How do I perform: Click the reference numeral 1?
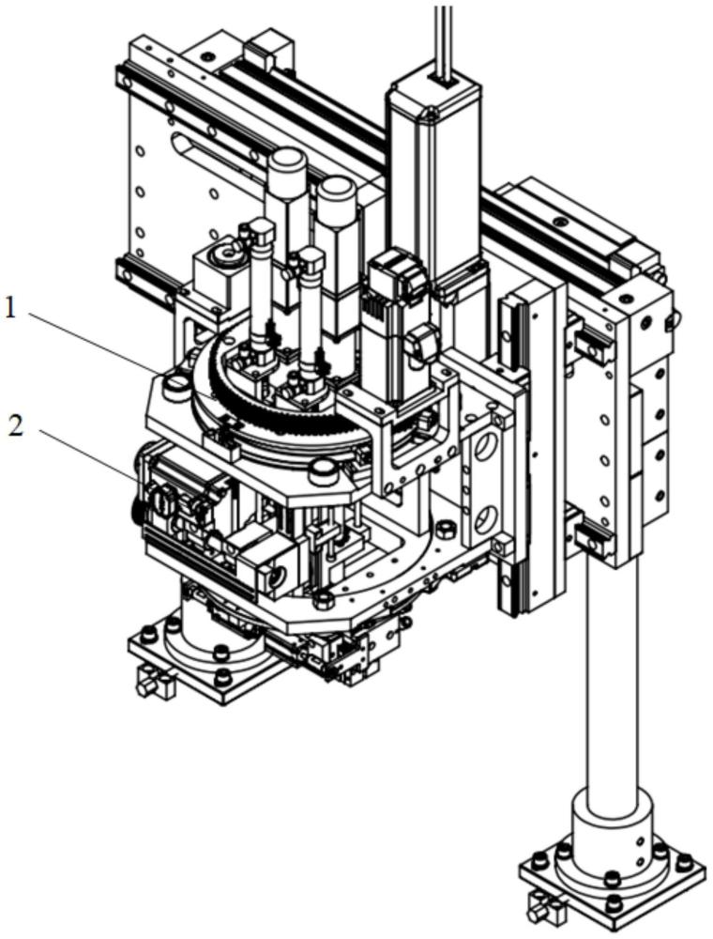click(9, 308)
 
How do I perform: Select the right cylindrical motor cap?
click(337, 194)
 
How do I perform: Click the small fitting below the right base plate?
click(542, 916)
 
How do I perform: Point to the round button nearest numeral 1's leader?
click(174, 384)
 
